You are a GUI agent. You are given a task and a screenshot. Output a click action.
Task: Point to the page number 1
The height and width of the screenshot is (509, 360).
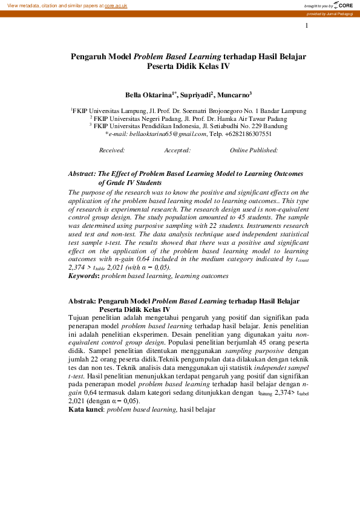click(307, 25)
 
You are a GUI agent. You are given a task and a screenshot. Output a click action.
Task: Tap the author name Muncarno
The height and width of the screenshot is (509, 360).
click(234, 95)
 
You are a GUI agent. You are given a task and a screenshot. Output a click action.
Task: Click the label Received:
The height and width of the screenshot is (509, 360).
click(112, 150)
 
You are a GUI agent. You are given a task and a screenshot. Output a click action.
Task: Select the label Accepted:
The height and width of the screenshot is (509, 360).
click(177, 150)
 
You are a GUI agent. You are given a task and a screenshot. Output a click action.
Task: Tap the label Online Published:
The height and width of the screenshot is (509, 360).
click(254, 150)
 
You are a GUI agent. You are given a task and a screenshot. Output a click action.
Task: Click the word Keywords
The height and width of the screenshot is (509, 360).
click(83, 276)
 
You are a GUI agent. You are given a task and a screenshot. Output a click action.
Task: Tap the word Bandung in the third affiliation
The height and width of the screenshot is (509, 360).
click(275, 126)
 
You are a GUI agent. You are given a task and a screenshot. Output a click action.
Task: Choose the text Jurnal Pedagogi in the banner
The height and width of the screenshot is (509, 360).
click(340, 13)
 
